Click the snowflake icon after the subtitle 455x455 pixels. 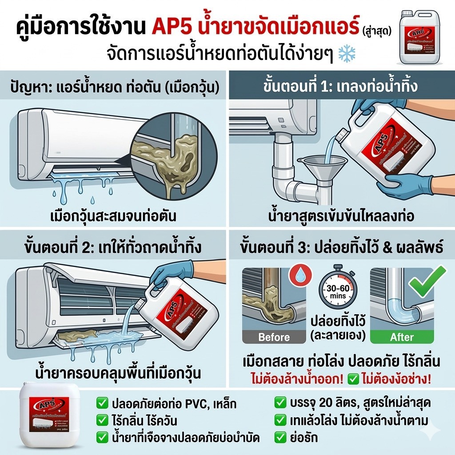(x=347, y=54)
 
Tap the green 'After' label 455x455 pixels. (x=402, y=337)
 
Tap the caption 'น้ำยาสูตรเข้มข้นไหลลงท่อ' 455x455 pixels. (x=341, y=216)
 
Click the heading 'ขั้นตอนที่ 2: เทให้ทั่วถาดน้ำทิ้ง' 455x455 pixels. (x=113, y=245)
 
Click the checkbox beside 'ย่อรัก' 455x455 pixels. (x=280, y=437)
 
